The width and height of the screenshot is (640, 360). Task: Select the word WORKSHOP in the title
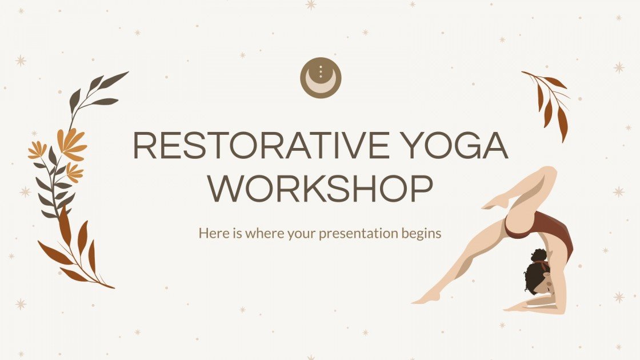coord(320,190)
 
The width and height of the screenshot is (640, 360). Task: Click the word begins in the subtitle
coord(423,233)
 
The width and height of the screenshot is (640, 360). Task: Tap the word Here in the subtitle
coord(211,233)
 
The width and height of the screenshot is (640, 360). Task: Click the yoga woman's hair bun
coord(539,255)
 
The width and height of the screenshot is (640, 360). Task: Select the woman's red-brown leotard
coord(543,229)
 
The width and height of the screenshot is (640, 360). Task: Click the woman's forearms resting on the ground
coord(531,305)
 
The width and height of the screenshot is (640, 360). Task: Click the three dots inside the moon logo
coord(321,71)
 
